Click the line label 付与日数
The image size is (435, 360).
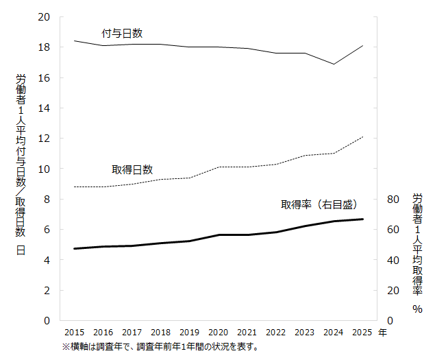pos(122,33)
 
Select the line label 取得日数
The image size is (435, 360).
pos(132,169)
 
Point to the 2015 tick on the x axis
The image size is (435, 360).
pos(74,333)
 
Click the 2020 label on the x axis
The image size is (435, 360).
pos(219,333)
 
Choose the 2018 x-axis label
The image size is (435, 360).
pos(161,333)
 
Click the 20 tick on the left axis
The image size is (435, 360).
pos(45,17)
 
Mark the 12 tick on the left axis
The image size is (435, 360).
pos(45,139)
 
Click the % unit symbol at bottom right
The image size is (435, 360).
pos(417,309)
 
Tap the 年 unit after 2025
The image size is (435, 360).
pos(382,333)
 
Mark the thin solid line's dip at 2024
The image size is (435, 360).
pos(334,64)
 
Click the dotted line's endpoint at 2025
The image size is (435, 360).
pos(363,136)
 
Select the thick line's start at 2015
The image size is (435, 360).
pos(74,248)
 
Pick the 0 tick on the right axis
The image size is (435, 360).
pos(390,321)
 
